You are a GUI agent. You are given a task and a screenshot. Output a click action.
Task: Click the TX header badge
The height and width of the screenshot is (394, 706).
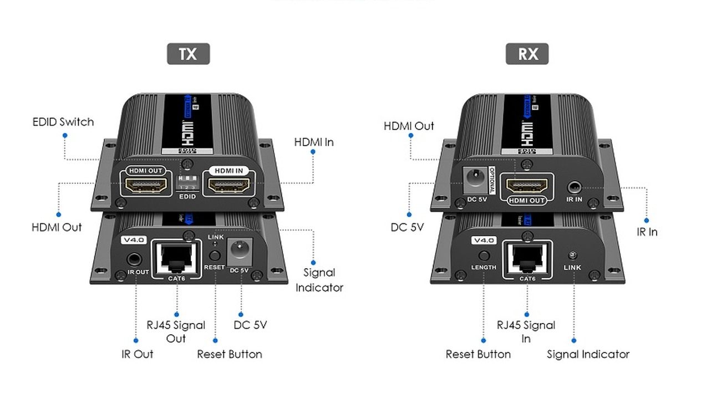[188, 54]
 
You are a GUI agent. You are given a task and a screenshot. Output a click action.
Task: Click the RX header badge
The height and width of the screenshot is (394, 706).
[527, 54]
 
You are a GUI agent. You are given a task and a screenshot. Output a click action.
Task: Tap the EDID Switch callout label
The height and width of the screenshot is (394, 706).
[63, 122]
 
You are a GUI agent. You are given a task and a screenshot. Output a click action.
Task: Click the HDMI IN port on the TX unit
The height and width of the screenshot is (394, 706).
[228, 185]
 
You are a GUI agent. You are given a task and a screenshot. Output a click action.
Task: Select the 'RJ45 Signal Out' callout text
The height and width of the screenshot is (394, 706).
[176, 331]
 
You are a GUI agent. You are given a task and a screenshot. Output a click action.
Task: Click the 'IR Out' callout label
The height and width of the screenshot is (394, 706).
[137, 354]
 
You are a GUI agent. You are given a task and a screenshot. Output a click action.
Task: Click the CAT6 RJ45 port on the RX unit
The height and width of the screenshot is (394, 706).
[527, 257]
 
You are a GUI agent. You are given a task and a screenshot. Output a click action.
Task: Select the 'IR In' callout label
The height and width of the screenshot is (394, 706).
[647, 232]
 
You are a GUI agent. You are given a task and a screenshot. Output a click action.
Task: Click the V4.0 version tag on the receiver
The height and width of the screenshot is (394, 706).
[484, 241]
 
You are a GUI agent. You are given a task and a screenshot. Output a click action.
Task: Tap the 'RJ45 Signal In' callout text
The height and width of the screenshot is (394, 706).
[526, 331]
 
